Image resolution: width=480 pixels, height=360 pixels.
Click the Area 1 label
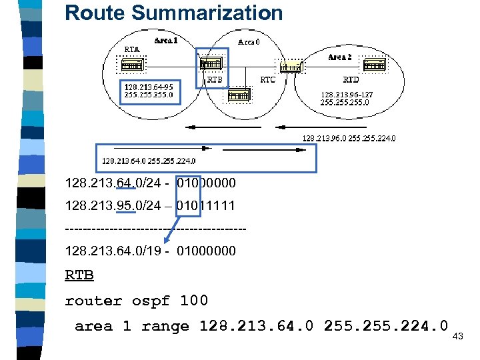[x=166, y=41]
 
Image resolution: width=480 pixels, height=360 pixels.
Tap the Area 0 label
[x=249, y=42]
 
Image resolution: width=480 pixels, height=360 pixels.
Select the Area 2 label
[x=340, y=57]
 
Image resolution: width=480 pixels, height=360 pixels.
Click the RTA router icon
[x=131, y=65]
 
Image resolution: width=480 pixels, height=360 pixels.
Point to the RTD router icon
[x=374, y=65]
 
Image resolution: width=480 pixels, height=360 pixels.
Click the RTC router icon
[x=291, y=65]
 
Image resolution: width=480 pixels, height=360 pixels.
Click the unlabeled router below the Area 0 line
[x=239, y=96]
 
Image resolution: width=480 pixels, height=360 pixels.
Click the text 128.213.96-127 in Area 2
[x=347, y=95]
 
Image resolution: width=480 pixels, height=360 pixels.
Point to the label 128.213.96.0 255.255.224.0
[x=349, y=139]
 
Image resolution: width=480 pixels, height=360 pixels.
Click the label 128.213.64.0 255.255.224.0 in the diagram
[x=149, y=160]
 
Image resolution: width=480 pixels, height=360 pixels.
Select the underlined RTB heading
[x=79, y=275]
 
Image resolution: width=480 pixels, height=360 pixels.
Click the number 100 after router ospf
[x=193, y=301]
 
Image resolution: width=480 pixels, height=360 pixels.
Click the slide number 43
[x=458, y=337]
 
